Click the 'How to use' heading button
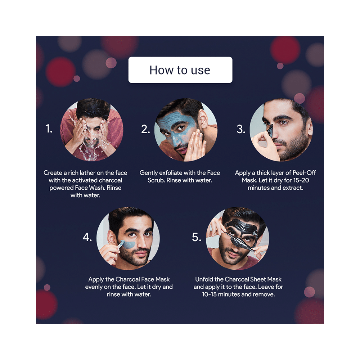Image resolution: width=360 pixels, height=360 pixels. (180, 70)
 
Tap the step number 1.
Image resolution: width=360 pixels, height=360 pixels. (49, 129)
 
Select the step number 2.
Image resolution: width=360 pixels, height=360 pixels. (145, 129)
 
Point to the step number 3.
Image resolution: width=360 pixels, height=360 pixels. (240, 129)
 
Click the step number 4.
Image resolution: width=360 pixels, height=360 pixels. (87, 237)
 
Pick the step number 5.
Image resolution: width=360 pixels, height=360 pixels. (197, 237)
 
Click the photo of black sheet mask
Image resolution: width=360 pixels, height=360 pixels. (237, 238)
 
